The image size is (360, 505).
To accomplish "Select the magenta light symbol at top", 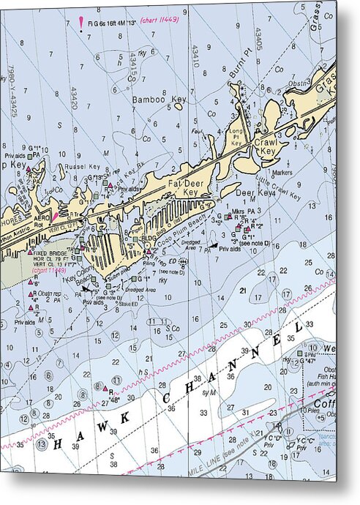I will click(x=80, y=23).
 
